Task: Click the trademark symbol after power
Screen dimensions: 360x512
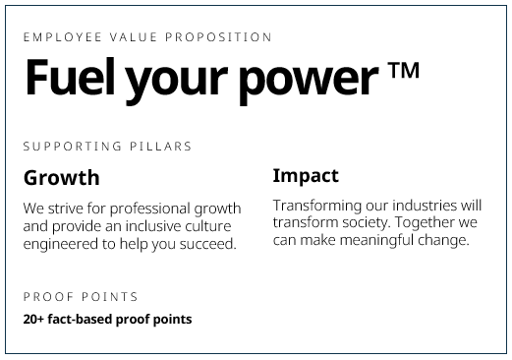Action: tap(403, 71)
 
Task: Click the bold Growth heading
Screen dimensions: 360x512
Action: tap(61, 178)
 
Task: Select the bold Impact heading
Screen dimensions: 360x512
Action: tap(305, 176)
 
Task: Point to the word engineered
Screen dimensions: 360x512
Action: tap(61, 245)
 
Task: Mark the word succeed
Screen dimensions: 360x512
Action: tap(205, 245)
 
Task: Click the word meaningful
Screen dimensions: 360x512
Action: tap(377, 240)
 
